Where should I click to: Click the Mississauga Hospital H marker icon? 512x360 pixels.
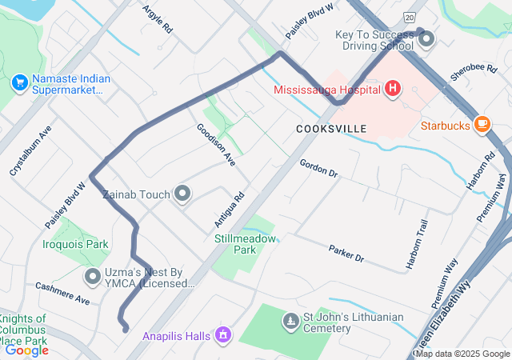tap(392, 89)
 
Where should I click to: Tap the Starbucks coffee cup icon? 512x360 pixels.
tap(481, 123)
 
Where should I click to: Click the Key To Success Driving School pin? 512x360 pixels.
tap(426, 38)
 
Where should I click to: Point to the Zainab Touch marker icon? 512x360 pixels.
tap(183, 194)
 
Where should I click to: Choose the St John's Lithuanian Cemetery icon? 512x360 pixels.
tap(290, 322)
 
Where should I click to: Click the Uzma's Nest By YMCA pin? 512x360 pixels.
tap(93, 276)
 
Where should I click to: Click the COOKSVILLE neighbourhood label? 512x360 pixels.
tap(331, 129)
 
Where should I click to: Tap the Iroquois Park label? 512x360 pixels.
tap(75, 244)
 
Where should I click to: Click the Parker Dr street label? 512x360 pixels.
tap(346, 254)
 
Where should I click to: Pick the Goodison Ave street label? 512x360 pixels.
tap(216, 145)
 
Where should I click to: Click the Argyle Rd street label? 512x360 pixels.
tap(158, 18)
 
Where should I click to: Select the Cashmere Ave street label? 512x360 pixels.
tap(62, 292)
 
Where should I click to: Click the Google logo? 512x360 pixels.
tap(26, 350)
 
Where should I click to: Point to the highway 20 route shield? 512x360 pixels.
tap(410, 16)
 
